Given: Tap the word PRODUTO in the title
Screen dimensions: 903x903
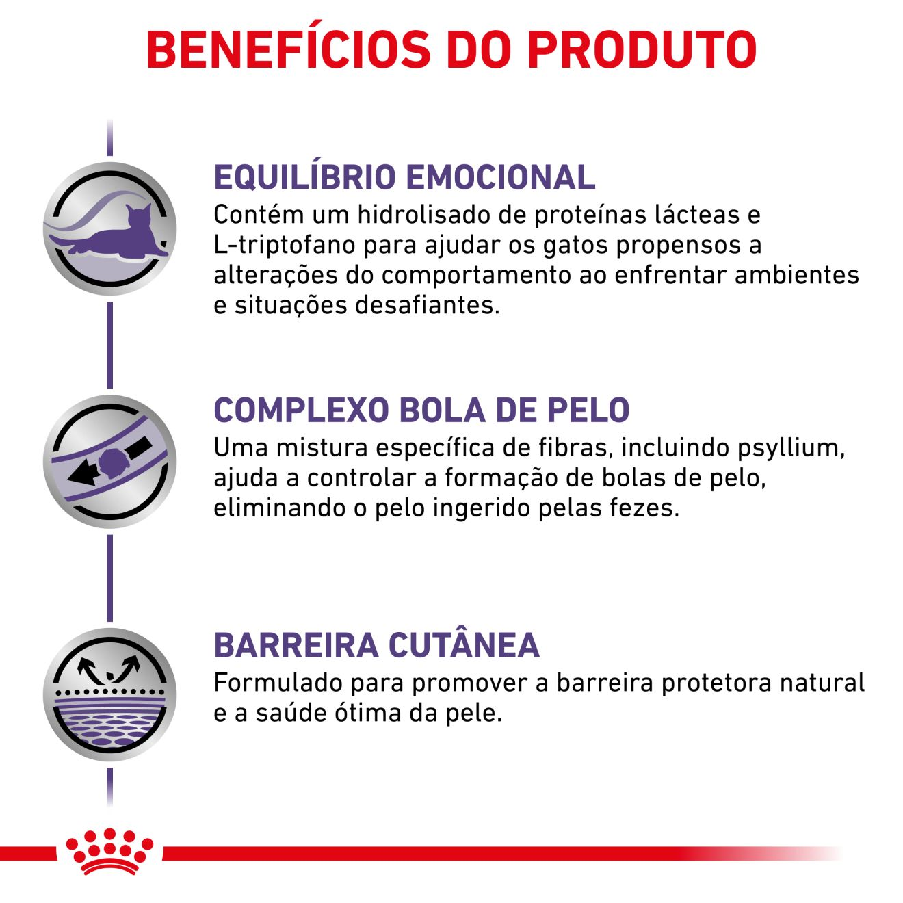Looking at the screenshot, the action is [x=642, y=50].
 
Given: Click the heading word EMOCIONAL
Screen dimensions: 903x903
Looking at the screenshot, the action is [x=501, y=177].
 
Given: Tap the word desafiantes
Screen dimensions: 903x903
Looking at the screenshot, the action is [x=428, y=305].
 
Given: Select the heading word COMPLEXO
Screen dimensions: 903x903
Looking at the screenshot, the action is [x=302, y=410].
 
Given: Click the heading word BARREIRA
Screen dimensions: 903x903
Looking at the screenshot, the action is [x=296, y=645].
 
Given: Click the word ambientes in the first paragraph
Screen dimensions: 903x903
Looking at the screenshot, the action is [x=797, y=274].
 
